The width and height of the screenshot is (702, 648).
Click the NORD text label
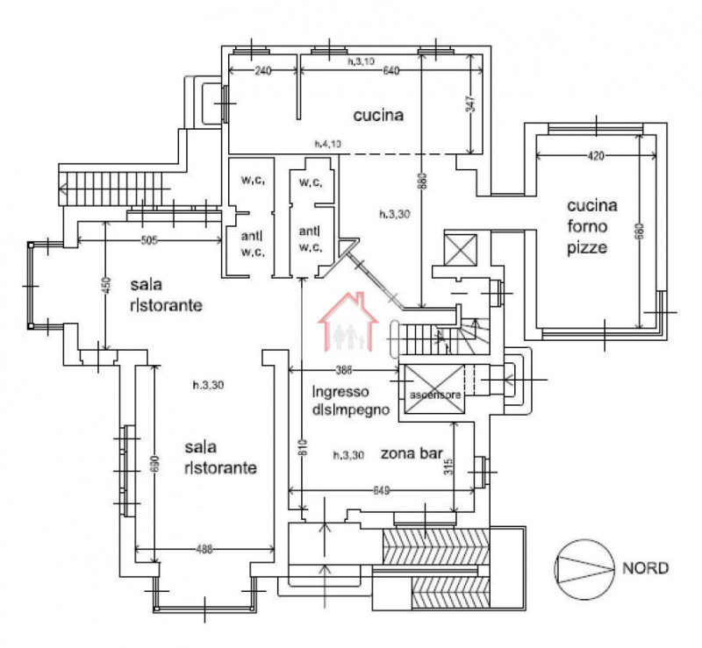[x=645, y=567]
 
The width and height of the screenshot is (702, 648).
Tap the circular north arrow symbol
[x=583, y=567]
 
